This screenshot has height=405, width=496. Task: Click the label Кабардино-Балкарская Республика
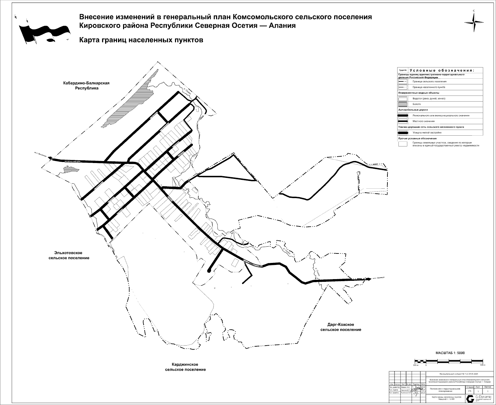tap(87, 85)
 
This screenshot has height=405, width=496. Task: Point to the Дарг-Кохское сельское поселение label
tap(341, 327)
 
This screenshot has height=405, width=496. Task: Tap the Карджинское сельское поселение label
tap(185, 367)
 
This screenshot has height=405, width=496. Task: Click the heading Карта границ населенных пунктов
tap(141, 40)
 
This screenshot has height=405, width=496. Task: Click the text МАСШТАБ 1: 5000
tap(450, 353)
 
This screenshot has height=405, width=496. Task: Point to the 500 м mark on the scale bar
tap(483, 365)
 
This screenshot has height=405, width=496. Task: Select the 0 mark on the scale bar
tap(426, 365)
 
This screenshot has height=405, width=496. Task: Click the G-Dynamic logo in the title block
tap(470, 399)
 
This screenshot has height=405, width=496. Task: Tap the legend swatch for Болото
tap(403, 104)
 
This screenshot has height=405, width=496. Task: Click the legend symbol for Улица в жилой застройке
tap(403, 133)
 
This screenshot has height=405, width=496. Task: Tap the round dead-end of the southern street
tap(209, 270)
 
